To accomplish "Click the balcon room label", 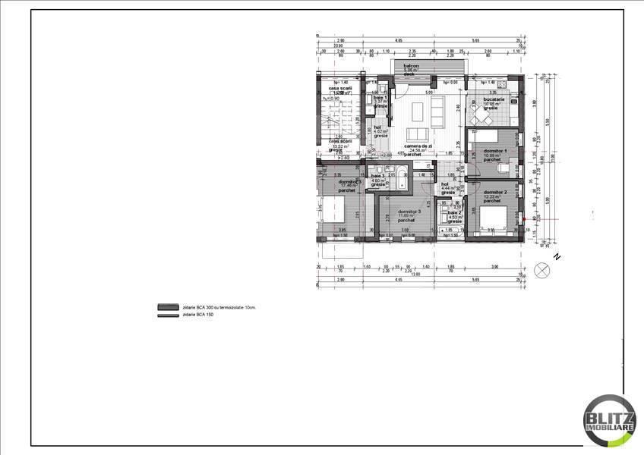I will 409,66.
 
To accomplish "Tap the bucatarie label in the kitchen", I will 493,99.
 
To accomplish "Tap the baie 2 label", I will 454,213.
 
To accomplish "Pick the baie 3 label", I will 377,177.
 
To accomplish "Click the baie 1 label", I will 380,98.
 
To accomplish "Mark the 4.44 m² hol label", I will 448,185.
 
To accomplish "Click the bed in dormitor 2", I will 494,219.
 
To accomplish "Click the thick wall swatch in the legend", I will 167,307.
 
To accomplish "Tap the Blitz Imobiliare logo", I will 609,419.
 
